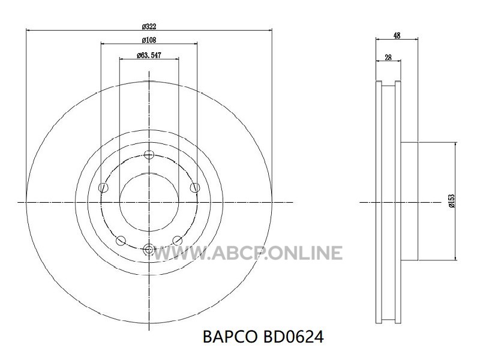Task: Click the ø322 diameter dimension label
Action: point(149,26)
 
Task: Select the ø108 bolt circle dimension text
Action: point(149,40)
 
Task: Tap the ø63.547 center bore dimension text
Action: point(149,55)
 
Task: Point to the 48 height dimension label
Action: point(397,35)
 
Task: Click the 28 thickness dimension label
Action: point(388,57)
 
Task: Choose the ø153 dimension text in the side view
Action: point(452,201)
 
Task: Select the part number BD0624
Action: point(293,337)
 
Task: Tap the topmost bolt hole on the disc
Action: point(149,155)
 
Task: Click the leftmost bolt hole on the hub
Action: point(103,187)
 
